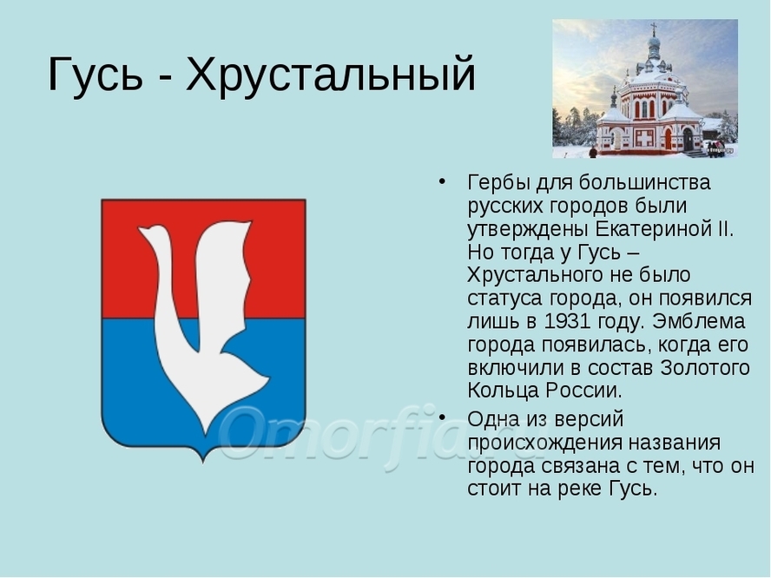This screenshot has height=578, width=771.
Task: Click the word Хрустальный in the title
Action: point(331,75)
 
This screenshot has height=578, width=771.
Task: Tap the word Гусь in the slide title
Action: point(96,74)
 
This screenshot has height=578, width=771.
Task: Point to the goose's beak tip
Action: point(139,229)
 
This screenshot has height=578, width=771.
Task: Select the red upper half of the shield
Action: point(203,259)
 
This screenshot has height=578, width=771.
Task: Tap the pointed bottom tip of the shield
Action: point(203,462)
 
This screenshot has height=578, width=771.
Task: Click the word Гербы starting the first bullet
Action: point(498,183)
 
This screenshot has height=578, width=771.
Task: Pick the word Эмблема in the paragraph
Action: point(698,321)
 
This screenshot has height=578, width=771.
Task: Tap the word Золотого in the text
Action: point(704,368)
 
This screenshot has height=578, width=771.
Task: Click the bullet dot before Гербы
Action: point(442,181)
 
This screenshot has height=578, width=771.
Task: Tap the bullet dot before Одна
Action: point(442,417)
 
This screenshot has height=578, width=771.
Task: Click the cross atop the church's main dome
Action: point(654,28)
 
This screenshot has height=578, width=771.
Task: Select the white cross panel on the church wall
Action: point(644,138)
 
